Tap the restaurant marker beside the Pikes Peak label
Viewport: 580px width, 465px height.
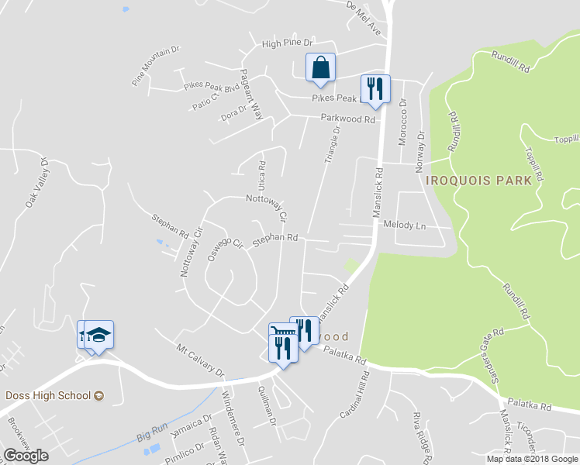tap(375, 90)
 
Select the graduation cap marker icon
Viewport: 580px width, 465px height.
tap(98, 336)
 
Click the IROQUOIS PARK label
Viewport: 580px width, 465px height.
tap(478, 180)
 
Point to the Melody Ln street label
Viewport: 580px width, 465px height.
tap(405, 225)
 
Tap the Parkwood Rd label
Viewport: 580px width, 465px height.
tap(348, 119)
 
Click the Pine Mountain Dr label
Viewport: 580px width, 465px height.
tap(155, 64)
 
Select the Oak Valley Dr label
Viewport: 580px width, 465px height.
tap(36, 183)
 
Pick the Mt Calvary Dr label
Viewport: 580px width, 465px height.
tap(199, 359)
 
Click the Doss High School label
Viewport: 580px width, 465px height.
tap(49, 395)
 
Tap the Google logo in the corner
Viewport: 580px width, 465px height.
tap(26, 455)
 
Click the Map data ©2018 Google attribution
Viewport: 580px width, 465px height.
tap(531, 459)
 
